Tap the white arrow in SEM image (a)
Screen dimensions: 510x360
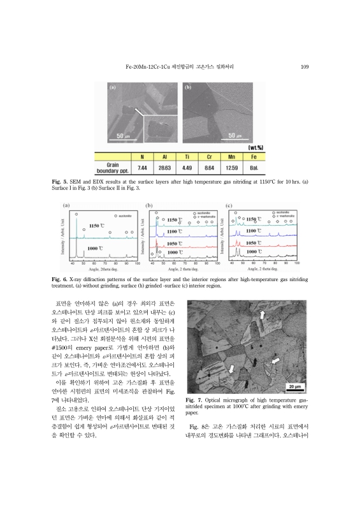pos(138,113)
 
